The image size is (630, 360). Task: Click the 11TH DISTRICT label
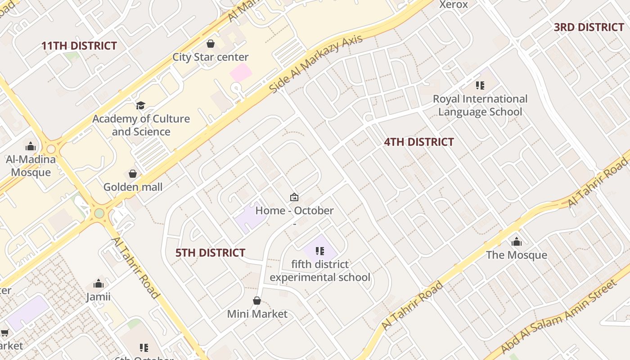[79, 46]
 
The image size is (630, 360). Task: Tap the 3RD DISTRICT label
[589, 27]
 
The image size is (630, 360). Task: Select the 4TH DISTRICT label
[418, 142]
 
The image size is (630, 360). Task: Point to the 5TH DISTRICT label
[210, 253]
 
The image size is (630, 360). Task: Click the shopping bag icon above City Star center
[210, 44]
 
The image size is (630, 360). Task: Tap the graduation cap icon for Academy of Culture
[141, 106]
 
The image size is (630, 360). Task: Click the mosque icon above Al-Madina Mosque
[31, 146]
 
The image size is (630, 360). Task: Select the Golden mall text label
[133, 187]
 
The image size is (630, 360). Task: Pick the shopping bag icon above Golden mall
[133, 174]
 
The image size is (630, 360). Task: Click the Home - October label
[294, 211]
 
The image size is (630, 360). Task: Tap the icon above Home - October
[294, 197]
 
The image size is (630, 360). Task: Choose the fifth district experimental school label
[320, 270]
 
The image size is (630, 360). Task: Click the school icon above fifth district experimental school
[320, 251]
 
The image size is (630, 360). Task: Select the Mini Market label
[257, 314]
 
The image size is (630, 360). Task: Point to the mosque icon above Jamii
[99, 283]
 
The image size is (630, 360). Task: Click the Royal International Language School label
[480, 105]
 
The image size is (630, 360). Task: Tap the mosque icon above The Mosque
[516, 242]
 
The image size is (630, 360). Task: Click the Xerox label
[453, 4]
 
